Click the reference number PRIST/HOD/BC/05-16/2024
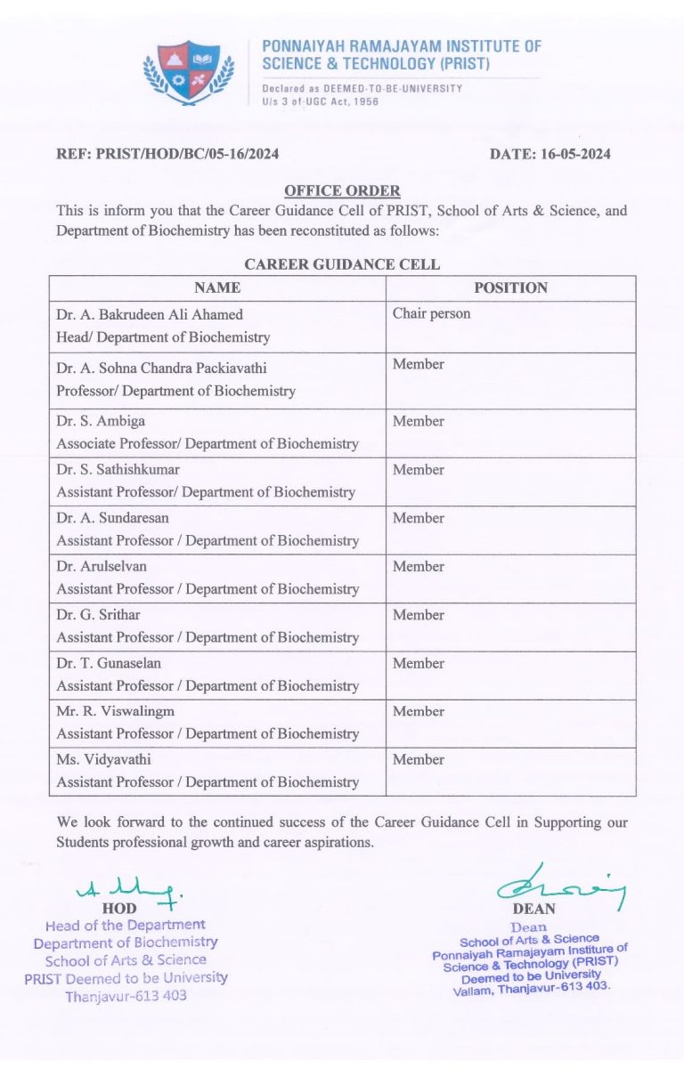(x=167, y=154)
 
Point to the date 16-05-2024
(x=550, y=154)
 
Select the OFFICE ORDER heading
(x=342, y=190)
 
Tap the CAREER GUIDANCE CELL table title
(x=342, y=264)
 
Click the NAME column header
(x=217, y=287)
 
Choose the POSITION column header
(x=510, y=287)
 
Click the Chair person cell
(x=431, y=313)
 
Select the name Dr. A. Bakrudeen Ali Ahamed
(x=150, y=314)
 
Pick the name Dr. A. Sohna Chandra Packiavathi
(x=161, y=367)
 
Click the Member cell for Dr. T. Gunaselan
(x=419, y=663)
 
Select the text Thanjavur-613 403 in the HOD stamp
(x=126, y=996)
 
